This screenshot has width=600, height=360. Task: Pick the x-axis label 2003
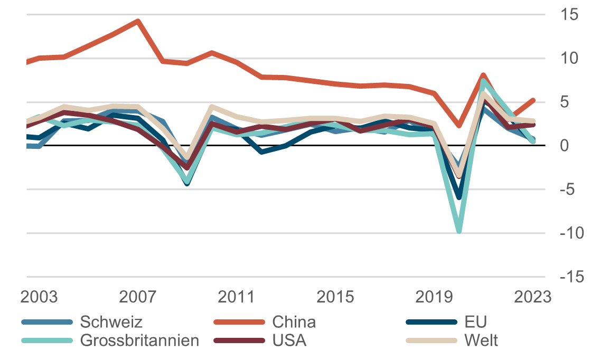coord(39,297)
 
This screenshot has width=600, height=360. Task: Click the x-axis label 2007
coord(137,297)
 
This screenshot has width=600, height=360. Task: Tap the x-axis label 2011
coord(236,297)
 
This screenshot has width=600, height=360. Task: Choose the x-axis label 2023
coord(532,297)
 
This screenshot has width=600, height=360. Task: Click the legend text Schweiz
coord(111,321)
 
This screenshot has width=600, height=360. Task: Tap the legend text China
coord(294,321)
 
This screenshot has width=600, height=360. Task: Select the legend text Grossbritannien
coord(139,340)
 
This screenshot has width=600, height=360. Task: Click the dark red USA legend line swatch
coord(239,340)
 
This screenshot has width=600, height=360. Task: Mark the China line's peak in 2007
coord(138,22)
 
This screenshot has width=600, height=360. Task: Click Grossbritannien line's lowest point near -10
coord(459,231)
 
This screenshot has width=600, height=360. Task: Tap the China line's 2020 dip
coord(459,126)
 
